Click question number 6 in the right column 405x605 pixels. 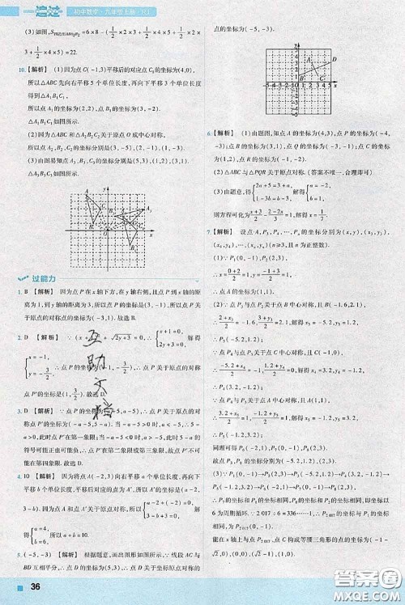coord(210,131)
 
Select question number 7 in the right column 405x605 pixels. coord(210,231)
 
